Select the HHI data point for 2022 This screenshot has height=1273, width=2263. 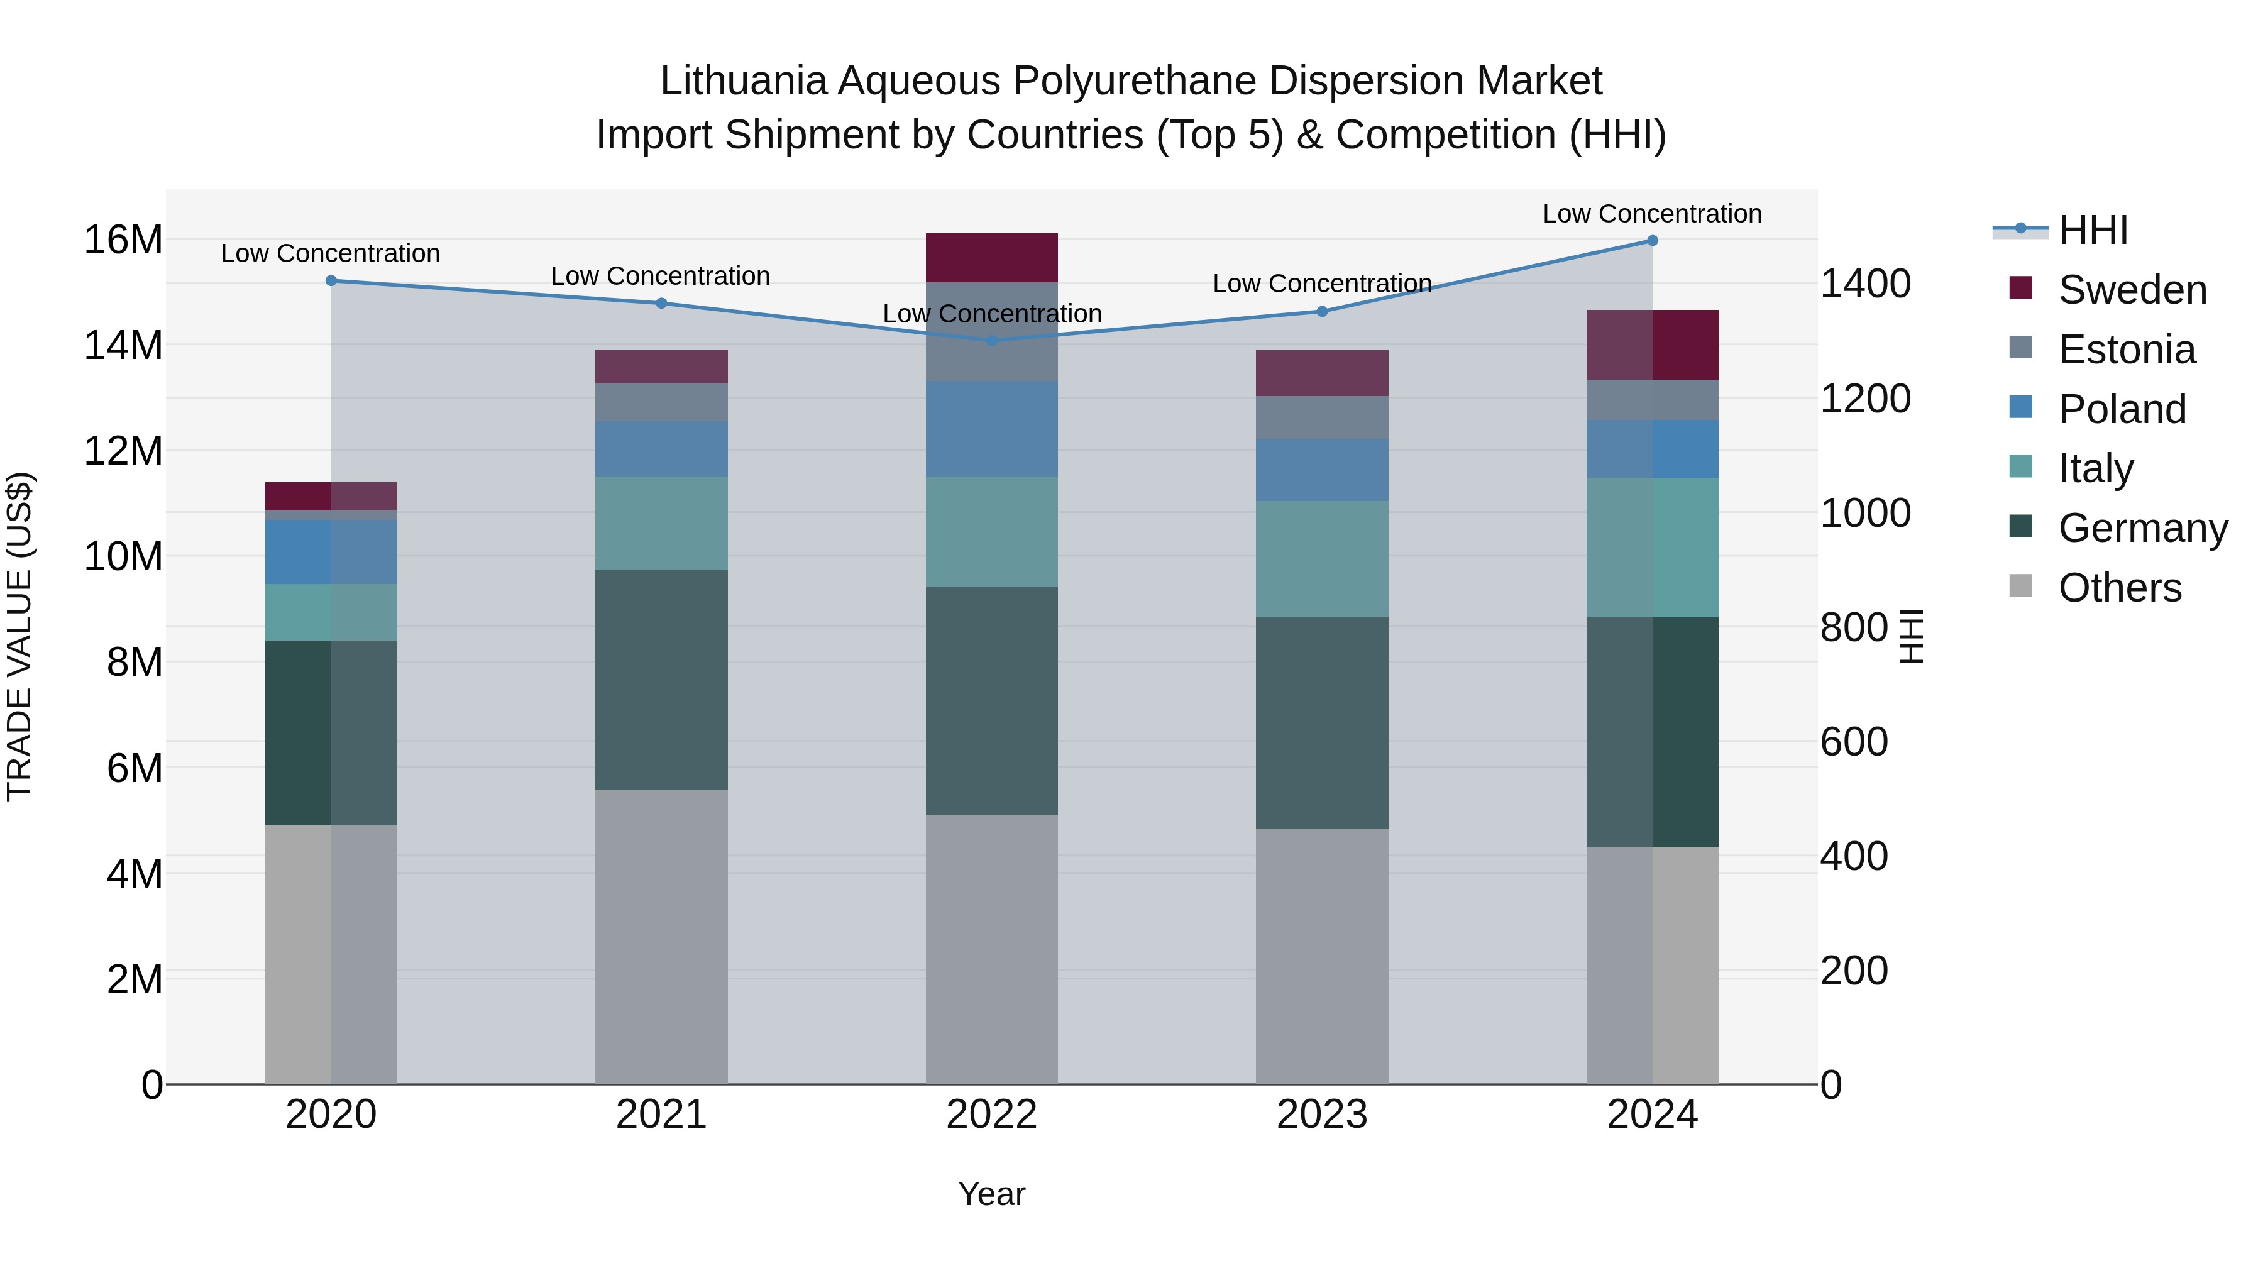tap(992, 340)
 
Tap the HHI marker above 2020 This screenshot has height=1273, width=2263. tap(331, 281)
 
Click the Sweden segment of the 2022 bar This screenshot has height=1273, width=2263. tap(992, 257)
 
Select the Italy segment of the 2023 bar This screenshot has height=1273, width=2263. tap(1322, 559)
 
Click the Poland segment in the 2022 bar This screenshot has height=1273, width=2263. tap(992, 429)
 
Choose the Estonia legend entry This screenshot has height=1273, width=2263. tap(2126, 350)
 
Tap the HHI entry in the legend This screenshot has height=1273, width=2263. tap(2093, 230)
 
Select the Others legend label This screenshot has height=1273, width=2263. tap(2120, 588)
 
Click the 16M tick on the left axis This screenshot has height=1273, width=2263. tap(123, 240)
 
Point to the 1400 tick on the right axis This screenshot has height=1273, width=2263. tap(1865, 284)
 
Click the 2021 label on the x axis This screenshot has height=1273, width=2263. tap(661, 1115)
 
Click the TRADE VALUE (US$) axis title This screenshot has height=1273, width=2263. tap(19, 636)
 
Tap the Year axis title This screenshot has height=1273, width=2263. tap(992, 1194)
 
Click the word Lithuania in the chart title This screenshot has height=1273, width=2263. tap(743, 81)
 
